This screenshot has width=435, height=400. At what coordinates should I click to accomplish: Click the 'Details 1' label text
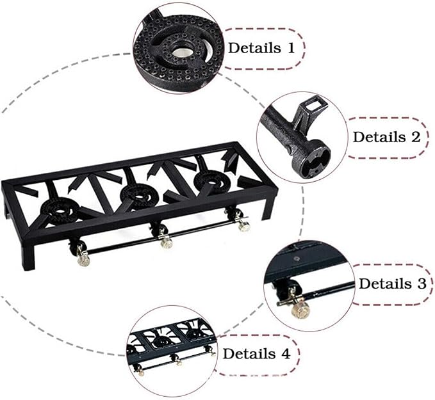[x=261, y=47]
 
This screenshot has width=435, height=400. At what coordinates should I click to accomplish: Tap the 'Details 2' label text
[x=387, y=137]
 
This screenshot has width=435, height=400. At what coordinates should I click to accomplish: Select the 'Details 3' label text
[x=393, y=284]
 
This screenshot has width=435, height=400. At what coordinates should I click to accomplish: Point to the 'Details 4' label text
[x=256, y=354]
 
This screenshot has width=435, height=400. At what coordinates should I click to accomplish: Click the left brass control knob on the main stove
[x=83, y=260]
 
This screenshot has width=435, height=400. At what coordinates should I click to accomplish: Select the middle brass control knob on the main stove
[x=167, y=243]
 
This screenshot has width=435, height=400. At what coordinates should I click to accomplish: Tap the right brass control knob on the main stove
[x=245, y=226]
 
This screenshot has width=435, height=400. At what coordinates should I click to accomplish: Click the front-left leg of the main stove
[x=29, y=257]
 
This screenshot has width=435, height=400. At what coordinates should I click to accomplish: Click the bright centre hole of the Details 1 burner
[x=180, y=52]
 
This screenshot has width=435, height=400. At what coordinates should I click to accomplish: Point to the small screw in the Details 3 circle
[x=297, y=259]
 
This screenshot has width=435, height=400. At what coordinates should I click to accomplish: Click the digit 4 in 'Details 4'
[x=285, y=354]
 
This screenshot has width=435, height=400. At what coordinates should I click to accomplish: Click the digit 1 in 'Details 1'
[x=291, y=47]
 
